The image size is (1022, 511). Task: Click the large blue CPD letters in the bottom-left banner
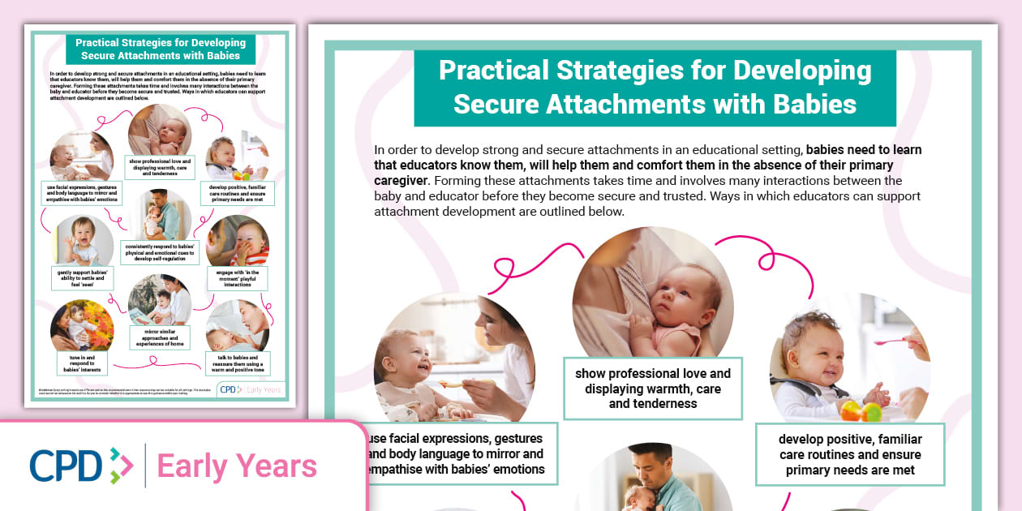pos(67,466)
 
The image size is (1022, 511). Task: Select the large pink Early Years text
pos(237,466)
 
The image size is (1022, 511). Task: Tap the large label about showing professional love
pos(653,389)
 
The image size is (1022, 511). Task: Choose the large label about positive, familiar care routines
pos(850,454)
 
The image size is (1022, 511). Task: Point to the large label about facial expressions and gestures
pos(459,454)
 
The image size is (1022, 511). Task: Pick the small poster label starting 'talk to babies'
pos(238,362)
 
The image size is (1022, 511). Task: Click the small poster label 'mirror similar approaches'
pos(160,337)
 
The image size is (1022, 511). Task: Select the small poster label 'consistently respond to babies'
pos(160,252)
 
